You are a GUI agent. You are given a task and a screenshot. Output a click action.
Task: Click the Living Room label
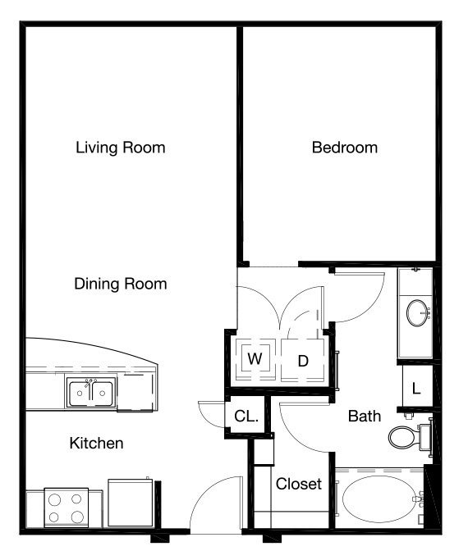click(121, 148)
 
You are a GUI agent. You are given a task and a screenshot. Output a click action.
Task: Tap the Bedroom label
click(345, 148)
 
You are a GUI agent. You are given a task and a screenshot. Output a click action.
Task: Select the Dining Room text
click(121, 284)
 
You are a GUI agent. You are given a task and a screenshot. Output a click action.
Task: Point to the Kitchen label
click(96, 443)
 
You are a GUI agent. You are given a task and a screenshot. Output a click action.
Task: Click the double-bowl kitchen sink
click(91, 393)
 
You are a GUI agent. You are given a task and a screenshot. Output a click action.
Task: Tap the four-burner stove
click(67, 508)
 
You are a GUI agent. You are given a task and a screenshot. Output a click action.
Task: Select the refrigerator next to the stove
click(131, 503)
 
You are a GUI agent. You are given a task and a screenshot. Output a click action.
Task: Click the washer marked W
click(255, 359)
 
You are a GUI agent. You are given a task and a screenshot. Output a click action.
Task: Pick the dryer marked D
click(303, 361)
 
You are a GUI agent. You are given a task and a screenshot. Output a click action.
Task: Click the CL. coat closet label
click(246, 417)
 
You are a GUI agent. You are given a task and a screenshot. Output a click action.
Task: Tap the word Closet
click(299, 485)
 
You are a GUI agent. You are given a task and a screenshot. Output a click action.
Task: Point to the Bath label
click(365, 417)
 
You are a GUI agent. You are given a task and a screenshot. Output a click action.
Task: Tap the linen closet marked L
click(416, 389)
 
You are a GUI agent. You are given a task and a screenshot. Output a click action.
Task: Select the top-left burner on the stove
click(54, 499)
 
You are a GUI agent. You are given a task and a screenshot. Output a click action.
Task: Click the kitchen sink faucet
click(90, 385)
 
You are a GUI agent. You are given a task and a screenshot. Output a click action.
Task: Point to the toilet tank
click(425, 437)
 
